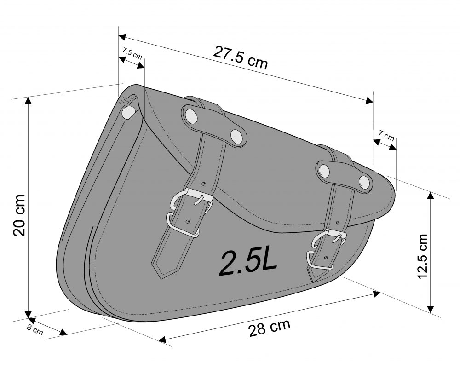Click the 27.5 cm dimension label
240,57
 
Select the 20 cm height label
19,215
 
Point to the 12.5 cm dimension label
422,257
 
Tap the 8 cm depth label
35,329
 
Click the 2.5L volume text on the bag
248,263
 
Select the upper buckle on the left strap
191,200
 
